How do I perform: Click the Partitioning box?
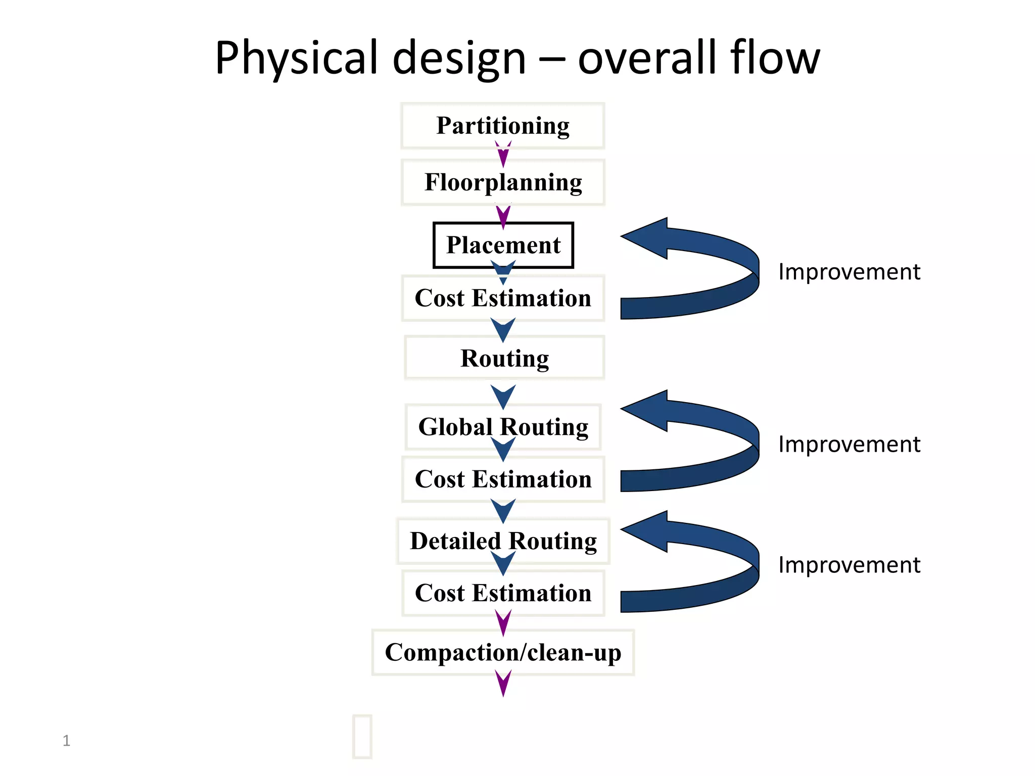(x=503, y=125)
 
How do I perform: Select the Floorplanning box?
(x=503, y=182)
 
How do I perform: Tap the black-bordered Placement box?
(x=503, y=245)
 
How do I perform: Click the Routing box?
(x=504, y=358)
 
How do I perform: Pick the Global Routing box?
(x=503, y=427)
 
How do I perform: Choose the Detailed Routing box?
(x=503, y=541)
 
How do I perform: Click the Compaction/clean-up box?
(x=503, y=652)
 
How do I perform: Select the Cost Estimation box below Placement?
(x=503, y=298)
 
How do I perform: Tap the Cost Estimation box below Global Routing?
(x=503, y=479)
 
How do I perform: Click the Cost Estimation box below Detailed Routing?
(x=503, y=593)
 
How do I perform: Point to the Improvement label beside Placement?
(x=849, y=272)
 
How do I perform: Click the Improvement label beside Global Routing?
(x=849, y=445)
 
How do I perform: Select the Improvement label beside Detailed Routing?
(x=849, y=565)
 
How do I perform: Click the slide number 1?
(x=66, y=741)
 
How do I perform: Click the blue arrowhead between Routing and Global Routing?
(x=503, y=396)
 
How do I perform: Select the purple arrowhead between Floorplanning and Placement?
(x=503, y=216)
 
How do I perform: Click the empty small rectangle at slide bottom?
(x=362, y=736)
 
